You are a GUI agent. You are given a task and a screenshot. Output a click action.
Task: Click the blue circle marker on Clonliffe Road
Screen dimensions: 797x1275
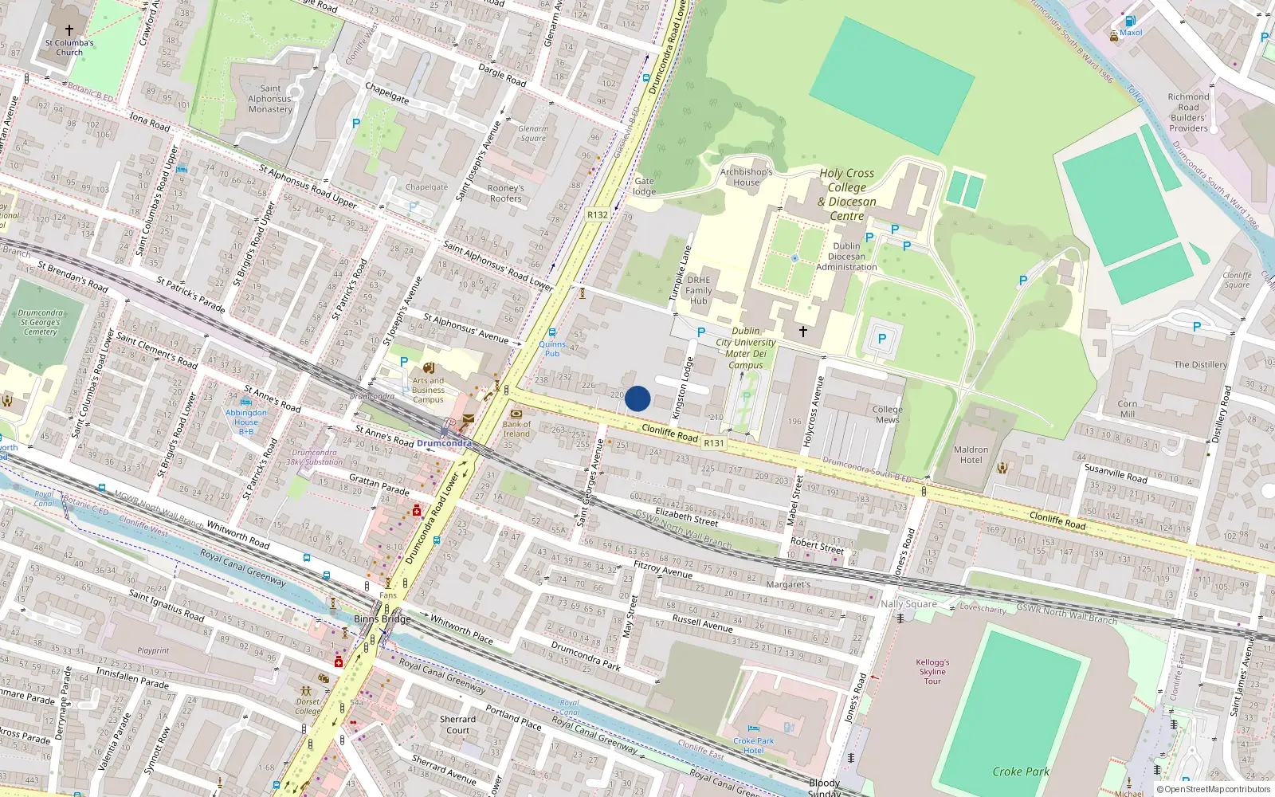click(x=637, y=398)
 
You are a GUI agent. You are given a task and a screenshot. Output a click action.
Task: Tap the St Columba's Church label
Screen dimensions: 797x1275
click(x=69, y=48)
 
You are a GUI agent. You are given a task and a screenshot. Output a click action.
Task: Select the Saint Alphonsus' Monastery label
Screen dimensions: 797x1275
click(x=270, y=99)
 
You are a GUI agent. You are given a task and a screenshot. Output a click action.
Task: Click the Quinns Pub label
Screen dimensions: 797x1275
click(x=551, y=348)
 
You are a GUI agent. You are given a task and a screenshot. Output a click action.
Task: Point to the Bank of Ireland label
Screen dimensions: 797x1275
click(x=516, y=429)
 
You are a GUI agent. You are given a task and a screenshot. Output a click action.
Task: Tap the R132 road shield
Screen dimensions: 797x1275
click(x=597, y=214)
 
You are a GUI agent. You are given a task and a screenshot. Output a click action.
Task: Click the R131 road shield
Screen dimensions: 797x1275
click(x=714, y=443)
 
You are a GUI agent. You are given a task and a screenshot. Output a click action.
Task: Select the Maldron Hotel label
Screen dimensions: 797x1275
click(x=971, y=454)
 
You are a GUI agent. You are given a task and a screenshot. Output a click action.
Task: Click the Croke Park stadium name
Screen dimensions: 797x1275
click(x=1021, y=771)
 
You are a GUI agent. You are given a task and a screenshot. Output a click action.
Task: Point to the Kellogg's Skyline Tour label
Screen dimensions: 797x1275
click(x=932, y=671)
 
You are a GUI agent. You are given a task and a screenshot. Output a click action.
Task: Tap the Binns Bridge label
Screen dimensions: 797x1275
click(x=382, y=619)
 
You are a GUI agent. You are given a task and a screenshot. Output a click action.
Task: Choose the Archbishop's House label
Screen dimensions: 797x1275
click(x=747, y=177)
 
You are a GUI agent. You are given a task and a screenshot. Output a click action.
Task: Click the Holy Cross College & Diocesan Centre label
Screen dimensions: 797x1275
click(x=846, y=194)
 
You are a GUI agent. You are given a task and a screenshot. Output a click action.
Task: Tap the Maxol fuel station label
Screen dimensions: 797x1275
click(x=1131, y=33)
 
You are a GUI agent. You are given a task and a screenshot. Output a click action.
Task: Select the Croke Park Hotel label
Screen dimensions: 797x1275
click(x=753, y=745)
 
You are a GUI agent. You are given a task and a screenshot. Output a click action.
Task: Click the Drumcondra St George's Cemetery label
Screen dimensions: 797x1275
click(x=41, y=322)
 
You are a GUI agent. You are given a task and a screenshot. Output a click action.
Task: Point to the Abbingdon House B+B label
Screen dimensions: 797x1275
click(x=246, y=422)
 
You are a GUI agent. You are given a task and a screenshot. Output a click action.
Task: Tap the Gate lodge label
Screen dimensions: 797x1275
click(x=644, y=186)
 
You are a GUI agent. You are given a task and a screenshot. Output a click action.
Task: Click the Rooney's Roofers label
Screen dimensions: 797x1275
click(x=505, y=193)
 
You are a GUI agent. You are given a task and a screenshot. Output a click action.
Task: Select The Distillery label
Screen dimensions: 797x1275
click(x=1200, y=364)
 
